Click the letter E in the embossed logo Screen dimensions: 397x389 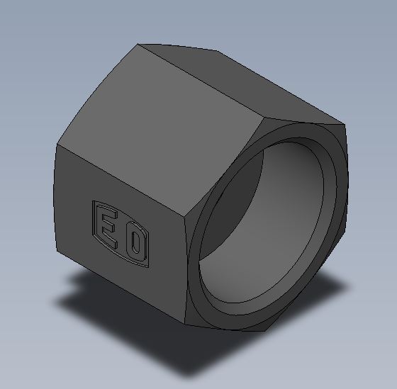(x=108, y=230)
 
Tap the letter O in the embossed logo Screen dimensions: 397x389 (x=136, y=241)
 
